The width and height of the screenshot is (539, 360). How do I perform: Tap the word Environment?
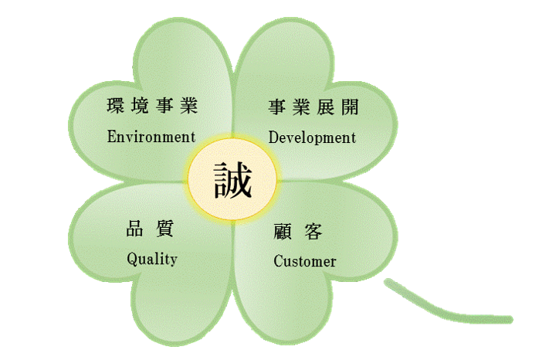click(151, 138)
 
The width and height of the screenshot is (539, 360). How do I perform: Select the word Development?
click(312, 138)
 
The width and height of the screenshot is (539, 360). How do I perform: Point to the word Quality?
click(152, 259)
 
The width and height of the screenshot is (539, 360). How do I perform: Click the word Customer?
click(305, 261)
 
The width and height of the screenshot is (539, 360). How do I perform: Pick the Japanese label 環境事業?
click(151, 107)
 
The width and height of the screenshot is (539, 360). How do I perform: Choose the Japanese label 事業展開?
click(313, 107)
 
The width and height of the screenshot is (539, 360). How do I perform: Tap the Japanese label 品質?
click(151, 228)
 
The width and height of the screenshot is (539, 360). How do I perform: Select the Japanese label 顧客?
click(298, 231)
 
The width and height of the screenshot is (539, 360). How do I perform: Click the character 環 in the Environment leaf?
click(116, 107)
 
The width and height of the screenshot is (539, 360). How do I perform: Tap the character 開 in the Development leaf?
click(348, 107)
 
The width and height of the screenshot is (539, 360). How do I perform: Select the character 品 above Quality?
click(136, 228)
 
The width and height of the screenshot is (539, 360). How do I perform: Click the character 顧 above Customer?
click(283, 231)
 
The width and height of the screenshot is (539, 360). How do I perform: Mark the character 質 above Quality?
click(164, 228)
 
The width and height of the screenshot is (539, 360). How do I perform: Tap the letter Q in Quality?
click(132, 259)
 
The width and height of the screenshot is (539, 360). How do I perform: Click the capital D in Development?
click(274, 138)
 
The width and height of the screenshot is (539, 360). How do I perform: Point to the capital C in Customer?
click(279, 261)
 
